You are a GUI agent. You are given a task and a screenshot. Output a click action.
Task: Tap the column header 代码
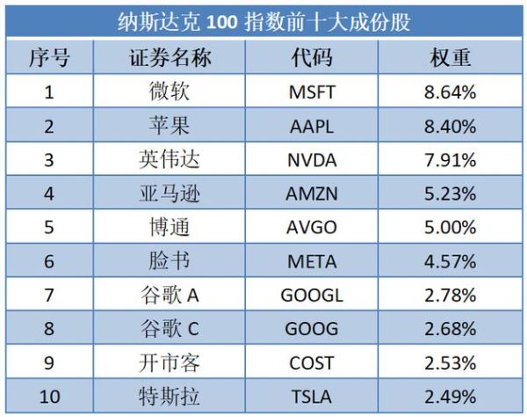(x=312, y=58)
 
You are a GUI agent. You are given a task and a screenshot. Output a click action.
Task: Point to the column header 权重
(x=451, y=58)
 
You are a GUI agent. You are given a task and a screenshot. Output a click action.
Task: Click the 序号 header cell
(x=49, y=58)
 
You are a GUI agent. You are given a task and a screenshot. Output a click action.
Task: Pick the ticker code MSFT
(x=312, y=91)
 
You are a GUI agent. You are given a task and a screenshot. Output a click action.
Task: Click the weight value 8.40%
(x=450, y=126)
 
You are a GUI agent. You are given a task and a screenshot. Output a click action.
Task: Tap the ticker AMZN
(x=312, y=194)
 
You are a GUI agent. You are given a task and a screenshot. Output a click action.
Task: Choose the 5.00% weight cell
(x=450, y=228)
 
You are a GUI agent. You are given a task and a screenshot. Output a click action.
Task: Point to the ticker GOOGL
(x=312, y=296)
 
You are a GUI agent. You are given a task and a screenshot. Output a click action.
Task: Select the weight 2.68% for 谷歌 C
(x=450, y=329)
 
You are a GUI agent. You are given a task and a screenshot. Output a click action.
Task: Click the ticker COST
(x=312, y=363)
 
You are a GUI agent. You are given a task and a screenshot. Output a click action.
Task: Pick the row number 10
(x=49, y=397)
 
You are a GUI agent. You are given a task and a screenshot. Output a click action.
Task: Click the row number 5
(x=49, y=228)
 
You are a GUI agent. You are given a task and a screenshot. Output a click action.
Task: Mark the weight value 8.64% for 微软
(x=450, y=91)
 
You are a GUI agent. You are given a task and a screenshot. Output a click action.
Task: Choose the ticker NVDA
(x=312, y=160)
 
